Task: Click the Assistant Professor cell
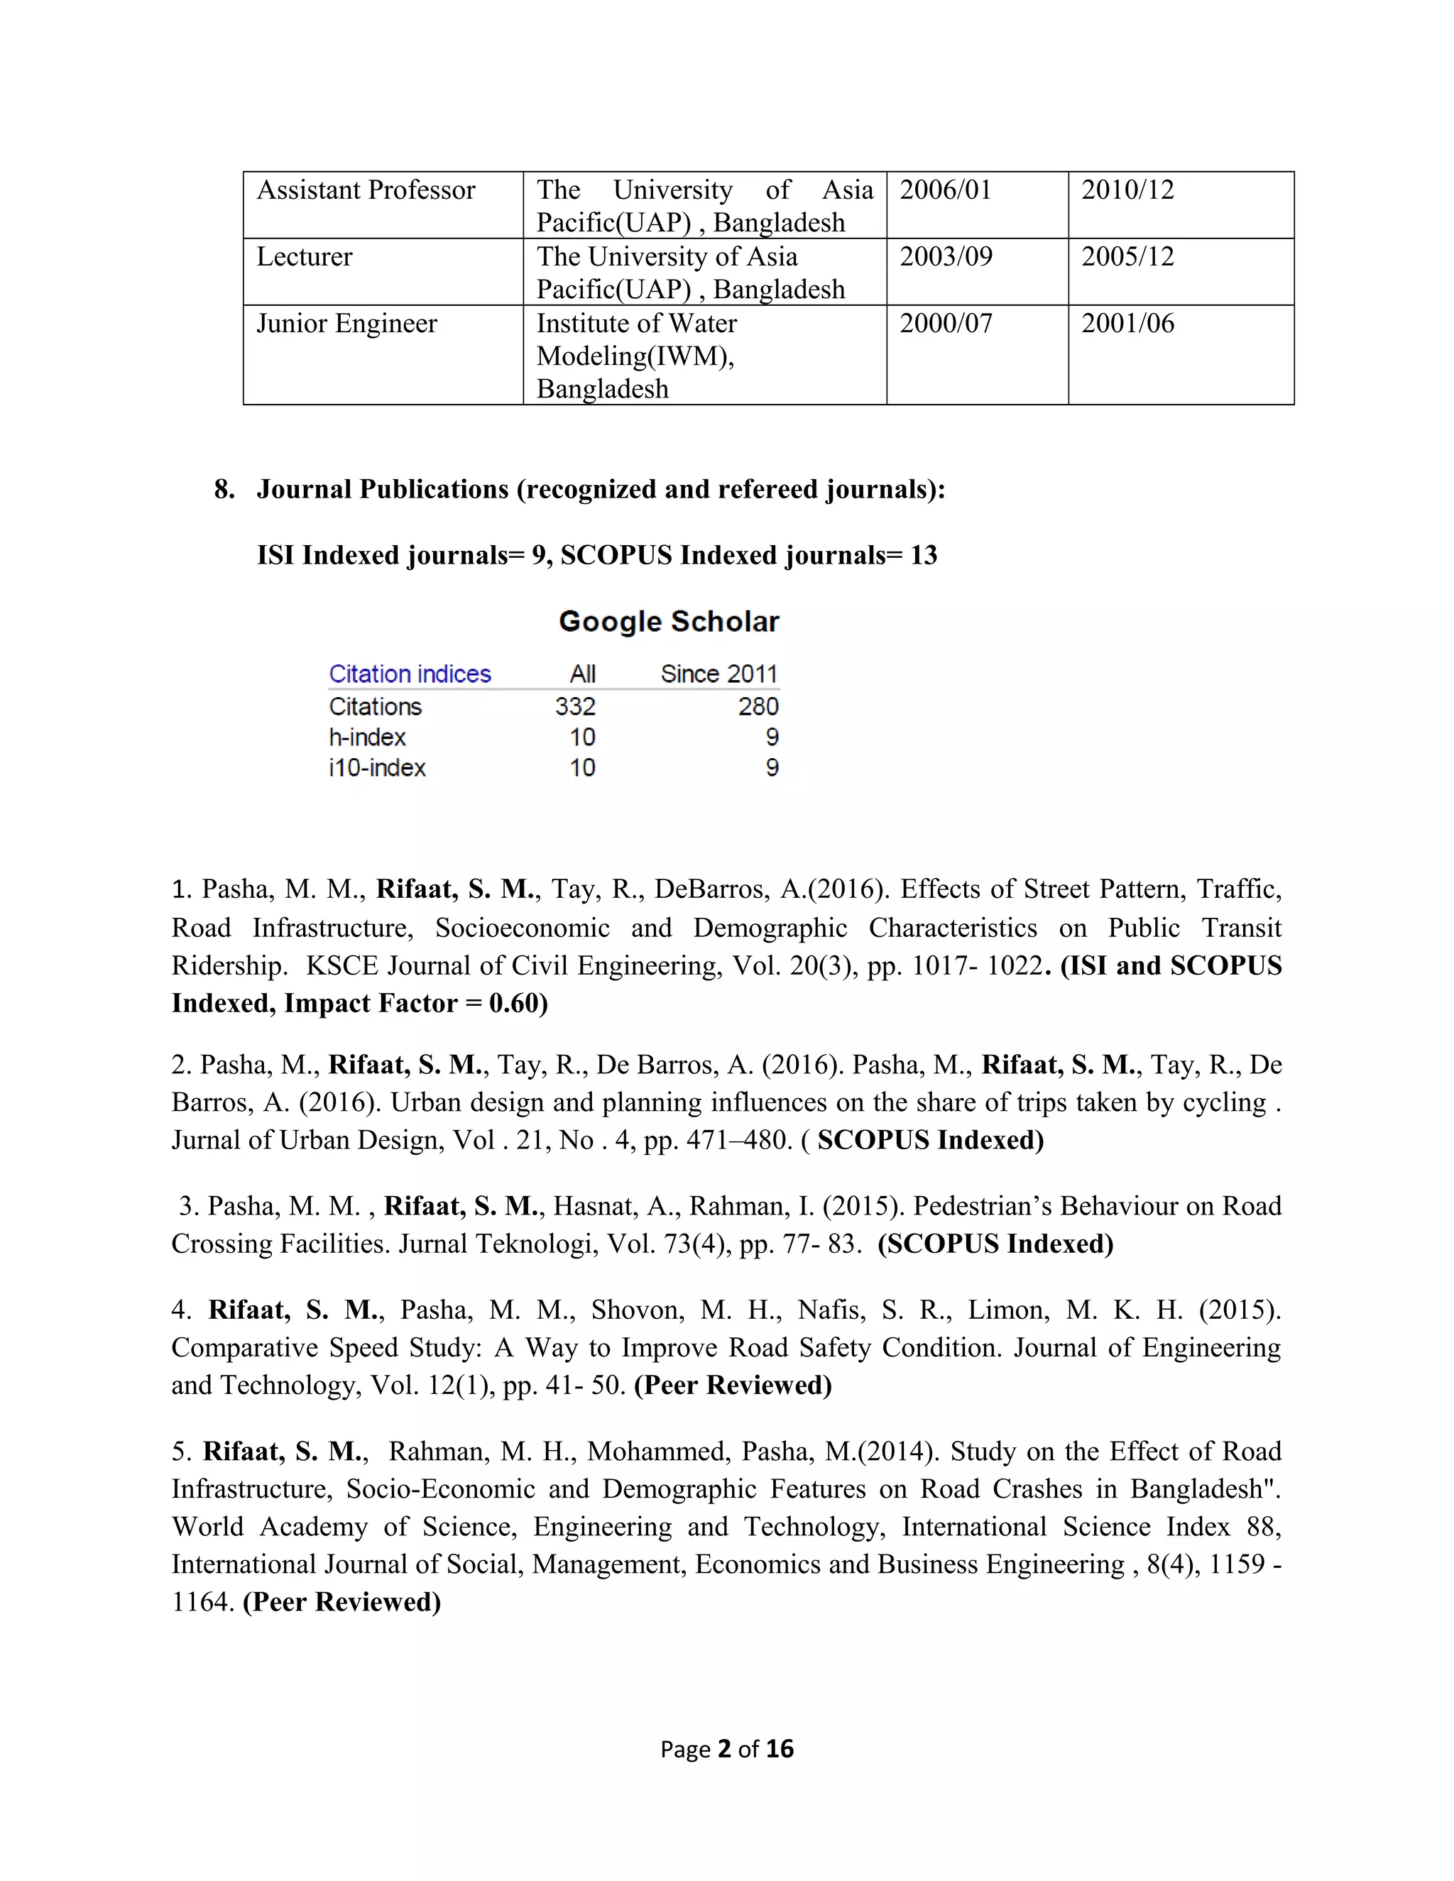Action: [x=366, y=190]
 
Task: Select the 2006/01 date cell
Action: [x=945, y=190]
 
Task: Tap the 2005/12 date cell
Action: [x=1127, y=257]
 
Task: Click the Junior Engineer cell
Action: [x=346, y=324]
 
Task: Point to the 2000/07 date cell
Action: [x=945, y=324]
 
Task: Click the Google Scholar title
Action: [x=668, y=622]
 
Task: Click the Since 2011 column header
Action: [x=718, y=674]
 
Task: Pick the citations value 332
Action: [x=574, y=707]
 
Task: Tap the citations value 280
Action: [x=758, y=707]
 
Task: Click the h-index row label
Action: [x=367, y=738]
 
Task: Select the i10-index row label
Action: [x=377, y=768]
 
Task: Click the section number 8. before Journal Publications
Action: [x=224, y=490]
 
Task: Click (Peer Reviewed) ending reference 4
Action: [x=732, y=1386]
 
